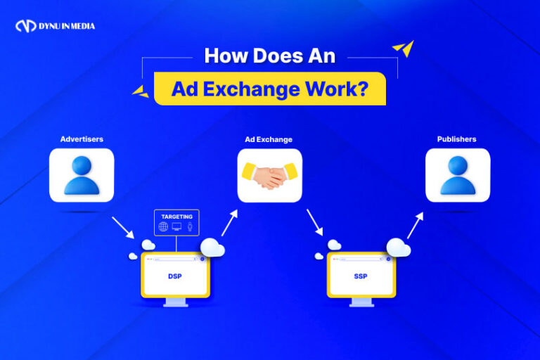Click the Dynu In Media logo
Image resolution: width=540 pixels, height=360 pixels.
(54, 27)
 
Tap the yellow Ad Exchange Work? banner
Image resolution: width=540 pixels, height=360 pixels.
(269, 89)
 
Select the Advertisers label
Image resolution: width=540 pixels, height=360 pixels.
(82, 139)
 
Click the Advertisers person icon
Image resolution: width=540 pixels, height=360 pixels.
(82, 175)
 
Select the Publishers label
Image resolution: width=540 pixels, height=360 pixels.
(456, 139)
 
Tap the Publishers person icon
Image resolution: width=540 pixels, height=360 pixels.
(457, 175)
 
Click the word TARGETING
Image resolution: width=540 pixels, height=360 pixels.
(176, 217)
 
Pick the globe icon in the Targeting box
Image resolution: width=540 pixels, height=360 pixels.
(164, 227)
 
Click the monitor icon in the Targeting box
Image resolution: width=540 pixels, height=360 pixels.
(176, 227)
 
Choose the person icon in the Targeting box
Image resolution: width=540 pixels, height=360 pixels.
(188, 227)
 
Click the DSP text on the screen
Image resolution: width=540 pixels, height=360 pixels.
(175, 276)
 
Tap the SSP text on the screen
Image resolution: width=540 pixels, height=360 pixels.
(361, 276)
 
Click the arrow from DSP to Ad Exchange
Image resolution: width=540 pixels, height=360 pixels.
(230, 222)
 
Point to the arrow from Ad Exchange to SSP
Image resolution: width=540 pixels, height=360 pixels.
(314, 222)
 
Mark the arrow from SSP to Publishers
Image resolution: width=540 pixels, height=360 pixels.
(416, 225)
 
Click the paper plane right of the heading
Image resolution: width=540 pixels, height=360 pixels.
(403, 49)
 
